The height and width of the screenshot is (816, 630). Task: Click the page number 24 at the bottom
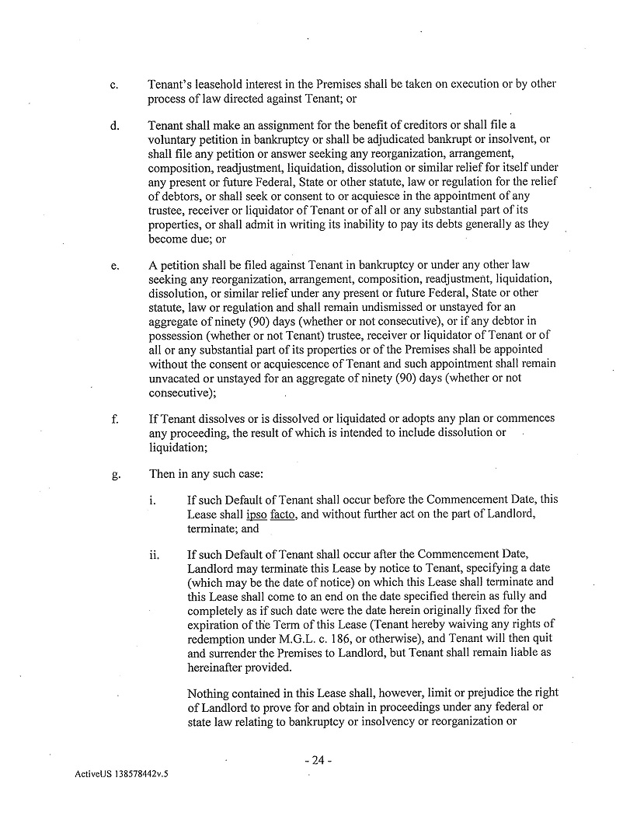pyautogui.click(x=317, y=761)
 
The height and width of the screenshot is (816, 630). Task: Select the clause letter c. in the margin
pyautogui.click(x=113, y=85)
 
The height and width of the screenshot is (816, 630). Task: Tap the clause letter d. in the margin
pyautogui.click(x=113, y=126)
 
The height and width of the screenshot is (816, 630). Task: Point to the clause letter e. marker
pyautogui.click(x=114, y=267)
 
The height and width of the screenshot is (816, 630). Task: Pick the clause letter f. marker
pyautogui.click(x=113, y=420)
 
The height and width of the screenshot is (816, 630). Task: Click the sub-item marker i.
pyautogui.click(x=151, y=500)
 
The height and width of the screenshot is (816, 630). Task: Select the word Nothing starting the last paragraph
pyautogui.click(x=211, y=693)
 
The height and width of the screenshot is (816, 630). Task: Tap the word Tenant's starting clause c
pyautogui.click(x=171, y=84)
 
